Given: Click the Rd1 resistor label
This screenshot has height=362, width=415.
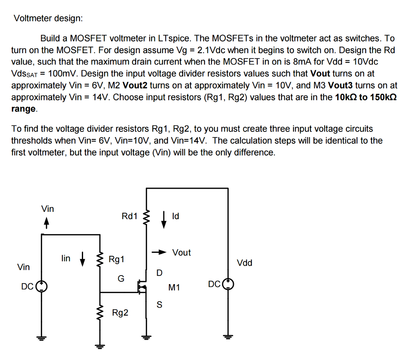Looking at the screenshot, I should (x=130, y=216).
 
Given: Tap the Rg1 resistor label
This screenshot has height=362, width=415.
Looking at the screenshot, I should (x=117, y=259).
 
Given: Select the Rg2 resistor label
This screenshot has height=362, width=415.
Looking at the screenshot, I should (x=120, y=313).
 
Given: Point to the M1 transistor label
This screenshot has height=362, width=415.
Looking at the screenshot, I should (x=174, y=288).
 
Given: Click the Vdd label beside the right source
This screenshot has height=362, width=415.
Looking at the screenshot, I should (x=245, y=263).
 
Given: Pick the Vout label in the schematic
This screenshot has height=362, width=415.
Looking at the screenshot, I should (x=181, y=252).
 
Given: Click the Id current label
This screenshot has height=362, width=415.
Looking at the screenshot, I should (x=175, y=216).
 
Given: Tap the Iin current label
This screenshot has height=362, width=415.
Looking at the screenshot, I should (x=66, y=259).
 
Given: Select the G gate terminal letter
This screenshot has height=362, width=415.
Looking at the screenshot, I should (x=121, y=279).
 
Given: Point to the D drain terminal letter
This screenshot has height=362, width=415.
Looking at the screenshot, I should (x=159, y=273).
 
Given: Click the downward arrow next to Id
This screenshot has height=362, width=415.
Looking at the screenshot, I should (x=164, y=219).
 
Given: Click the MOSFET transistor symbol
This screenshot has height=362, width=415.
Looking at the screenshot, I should (x=142, y=286).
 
